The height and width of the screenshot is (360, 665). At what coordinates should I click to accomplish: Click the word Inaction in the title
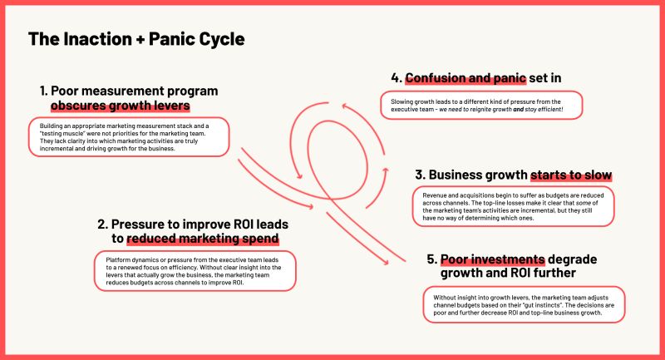point(98,39)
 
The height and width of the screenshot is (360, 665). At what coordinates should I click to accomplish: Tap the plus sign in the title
point(140,39)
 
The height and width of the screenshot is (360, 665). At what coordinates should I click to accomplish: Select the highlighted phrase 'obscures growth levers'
point(121,105)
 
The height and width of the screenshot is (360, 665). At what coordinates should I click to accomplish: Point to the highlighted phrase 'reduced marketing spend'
point(203,239)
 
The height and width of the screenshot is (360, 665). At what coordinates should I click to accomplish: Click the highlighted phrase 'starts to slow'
point(571,175)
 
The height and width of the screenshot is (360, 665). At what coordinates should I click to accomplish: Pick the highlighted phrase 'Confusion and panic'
point(465,78)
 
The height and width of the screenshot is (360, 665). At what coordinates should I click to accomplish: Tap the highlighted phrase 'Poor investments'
point(492,259)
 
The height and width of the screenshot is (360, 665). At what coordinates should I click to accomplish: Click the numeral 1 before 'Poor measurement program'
point(43,91)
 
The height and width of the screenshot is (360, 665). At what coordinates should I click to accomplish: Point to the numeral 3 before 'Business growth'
point(420,175)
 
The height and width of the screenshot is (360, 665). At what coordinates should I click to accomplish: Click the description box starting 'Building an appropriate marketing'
point(129,137)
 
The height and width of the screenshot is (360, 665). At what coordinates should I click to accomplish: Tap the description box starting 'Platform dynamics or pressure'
point(195,271)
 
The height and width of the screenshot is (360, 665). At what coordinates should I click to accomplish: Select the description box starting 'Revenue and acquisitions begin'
point(513,206)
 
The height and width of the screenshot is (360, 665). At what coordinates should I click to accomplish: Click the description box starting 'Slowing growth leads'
point(481,105)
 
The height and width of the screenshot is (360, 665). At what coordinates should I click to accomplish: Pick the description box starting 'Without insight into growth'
point(524,305)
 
